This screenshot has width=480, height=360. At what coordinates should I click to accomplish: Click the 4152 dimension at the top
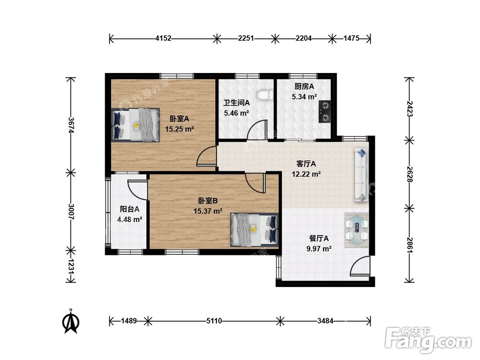pyautogui.click(x=163, y=38)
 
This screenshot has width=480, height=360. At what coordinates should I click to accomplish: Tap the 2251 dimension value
pyautogui.click(x=246, y=38)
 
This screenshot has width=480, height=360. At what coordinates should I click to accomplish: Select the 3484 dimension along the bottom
pyautogui.click(x=325, y=321)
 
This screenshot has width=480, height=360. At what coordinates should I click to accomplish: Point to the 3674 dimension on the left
pyautogui.click(x=71, y=125)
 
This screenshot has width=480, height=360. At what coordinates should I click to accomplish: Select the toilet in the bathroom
pyautogui.click(x=265, y=95)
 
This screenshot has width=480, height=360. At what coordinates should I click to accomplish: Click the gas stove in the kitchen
pyautogui.click(x=324, y=111)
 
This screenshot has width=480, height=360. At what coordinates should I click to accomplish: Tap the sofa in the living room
pyautogui.click(x=361, y=175)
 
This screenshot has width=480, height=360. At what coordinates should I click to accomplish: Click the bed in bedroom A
pyautogui.click(x=136, y=125)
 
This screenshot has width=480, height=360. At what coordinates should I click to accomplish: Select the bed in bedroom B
pyautogui.click(x=254, y=229)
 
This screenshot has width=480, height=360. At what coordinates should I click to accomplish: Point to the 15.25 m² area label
pyautogui.click(x=180, y=129)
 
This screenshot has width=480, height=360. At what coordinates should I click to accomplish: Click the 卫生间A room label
pyautogui.click(x=236, y=103)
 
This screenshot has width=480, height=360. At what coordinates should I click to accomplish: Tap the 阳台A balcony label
pyautogui.click(x=130, y=209)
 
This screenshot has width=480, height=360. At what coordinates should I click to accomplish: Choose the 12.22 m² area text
pyautogui.click(x=306, y=174)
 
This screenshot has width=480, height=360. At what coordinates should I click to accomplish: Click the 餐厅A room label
pyautogui.click(x=319, y=238)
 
